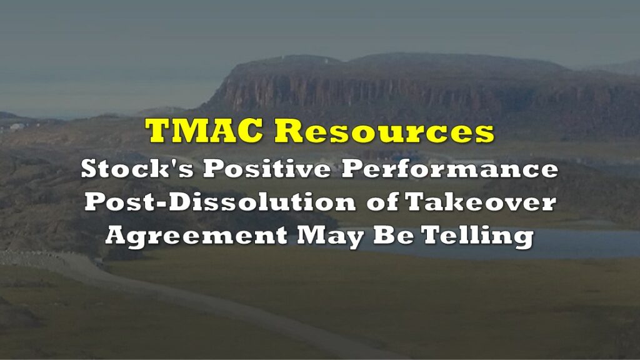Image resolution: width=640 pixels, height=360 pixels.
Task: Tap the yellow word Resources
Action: click(384, 131)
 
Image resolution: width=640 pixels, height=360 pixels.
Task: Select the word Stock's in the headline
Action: click(137, 169)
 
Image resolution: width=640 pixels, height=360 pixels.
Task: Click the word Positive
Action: click(267, 169)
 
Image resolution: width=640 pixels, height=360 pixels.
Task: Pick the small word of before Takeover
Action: click(382, 202)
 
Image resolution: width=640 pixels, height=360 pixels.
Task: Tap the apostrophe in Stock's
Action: click(172, 163)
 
